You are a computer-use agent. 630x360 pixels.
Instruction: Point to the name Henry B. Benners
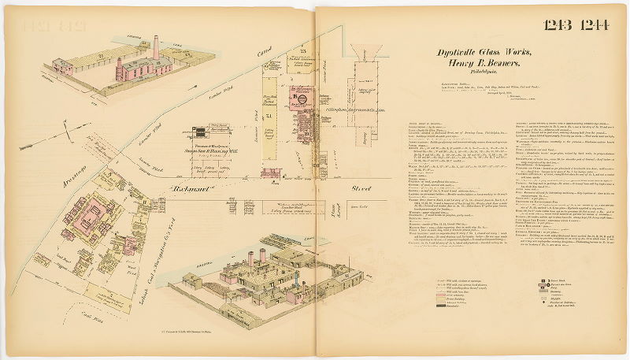click(481, 65)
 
